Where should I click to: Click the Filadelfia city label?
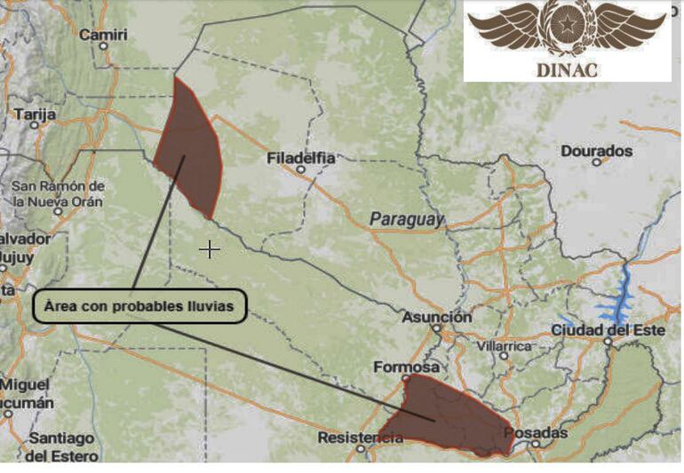[301, 158]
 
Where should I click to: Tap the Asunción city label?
[436, 318]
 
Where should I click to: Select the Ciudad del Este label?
[608, 330]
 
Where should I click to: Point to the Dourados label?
[596, 151]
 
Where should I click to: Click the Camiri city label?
[103, 35]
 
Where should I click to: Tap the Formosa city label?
[407, 367]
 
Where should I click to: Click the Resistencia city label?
[360, 438]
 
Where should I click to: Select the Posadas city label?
[535, 433]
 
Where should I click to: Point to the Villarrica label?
[504, 345]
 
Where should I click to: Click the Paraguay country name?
[407, 219]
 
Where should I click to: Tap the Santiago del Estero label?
[60, 446]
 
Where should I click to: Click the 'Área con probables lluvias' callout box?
[139, 305]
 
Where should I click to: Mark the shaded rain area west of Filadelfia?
[189, 146]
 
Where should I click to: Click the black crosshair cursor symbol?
[210, 249]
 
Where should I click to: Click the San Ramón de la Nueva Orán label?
[58, 193]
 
